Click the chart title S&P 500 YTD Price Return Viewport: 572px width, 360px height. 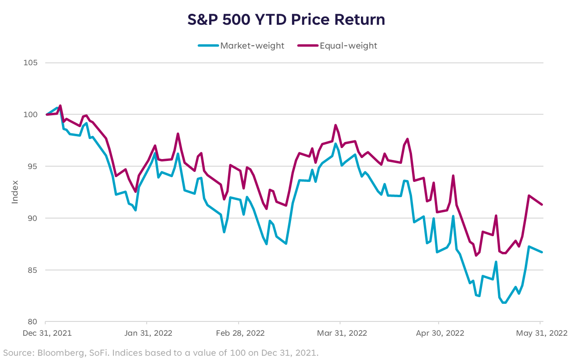[x=286, y=20]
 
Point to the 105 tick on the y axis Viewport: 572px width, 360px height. [x=31, y=63]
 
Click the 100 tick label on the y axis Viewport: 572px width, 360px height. [x=31, y=115]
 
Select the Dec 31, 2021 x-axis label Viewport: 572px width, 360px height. [x=47, y=333]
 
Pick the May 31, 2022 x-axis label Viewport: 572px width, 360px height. [x=541, y=333]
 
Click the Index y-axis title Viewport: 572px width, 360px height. [x=15, y=192]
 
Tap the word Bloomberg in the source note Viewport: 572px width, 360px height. [x=52, y=353]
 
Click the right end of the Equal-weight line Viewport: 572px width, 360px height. [x=542, y=204]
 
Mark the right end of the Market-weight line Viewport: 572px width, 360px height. [x=542, y=252]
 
